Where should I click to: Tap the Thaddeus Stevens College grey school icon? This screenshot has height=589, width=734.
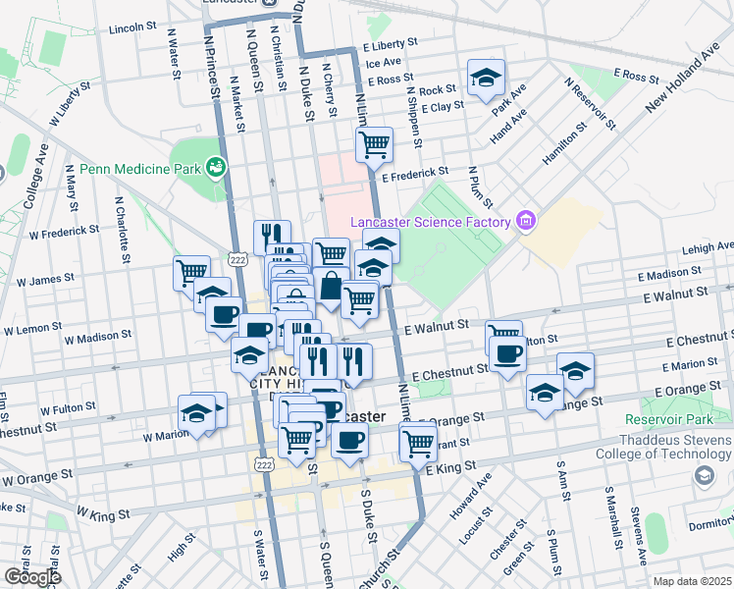coord(704,476)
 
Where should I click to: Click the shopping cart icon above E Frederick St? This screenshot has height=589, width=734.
coord(374,145)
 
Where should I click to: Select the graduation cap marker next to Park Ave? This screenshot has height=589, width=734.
coord(484,80)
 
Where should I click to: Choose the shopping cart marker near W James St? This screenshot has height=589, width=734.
coord(190,271)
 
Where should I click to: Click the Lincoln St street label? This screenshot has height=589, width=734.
coord(132,27)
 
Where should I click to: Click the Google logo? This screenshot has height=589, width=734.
coord(32,577)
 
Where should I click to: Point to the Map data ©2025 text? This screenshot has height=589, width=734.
coord(693,581)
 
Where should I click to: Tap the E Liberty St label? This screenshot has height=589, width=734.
coord(391,45)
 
